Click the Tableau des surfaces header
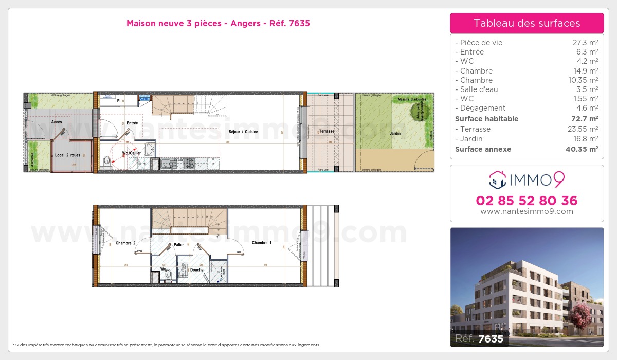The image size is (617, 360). pyautogui.click(x=527, y=23)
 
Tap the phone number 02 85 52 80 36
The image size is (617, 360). pyautogui.click(x=527, y=201)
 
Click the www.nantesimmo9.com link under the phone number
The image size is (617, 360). pyautogui.click(x=527, y=211)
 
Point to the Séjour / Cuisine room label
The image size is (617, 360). pyautogui.click(x=243, y=132)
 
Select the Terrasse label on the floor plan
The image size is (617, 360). pyautogui.click(x=326, y=131)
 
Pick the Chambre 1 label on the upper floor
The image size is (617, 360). pyautogui.click(x=262, y=242)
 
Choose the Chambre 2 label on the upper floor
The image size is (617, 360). pyautogui.click(x=125, y=243)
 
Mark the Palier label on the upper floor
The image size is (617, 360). pyautogui.click(x=179, y=245)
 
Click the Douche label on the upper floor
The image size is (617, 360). pyautogui.click(x=196, y=269)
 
